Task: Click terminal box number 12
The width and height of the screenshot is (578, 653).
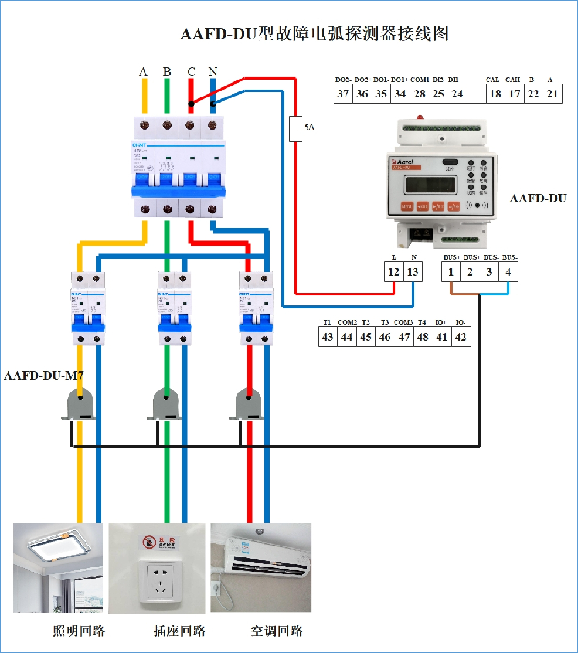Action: click(394, 271)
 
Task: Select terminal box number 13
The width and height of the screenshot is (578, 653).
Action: click(413, 271)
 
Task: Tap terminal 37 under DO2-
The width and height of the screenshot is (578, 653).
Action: click(343, 94)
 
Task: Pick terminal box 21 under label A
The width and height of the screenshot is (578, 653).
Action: click(552, 94)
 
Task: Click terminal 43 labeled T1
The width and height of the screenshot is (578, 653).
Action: click(328, 337)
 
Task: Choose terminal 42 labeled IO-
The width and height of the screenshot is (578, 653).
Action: click(461, 337)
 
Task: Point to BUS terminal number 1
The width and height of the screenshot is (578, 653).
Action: click(451, 271)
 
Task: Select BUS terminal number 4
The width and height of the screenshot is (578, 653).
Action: click(508, 271)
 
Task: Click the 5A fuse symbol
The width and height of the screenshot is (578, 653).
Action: click(296, 129)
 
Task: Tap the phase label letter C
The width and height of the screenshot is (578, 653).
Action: click(191, 72)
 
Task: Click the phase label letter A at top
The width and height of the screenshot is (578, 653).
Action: click(144, 72)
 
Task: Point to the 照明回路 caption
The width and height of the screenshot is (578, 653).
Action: click(79, 631)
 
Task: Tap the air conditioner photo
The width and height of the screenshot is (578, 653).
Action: click(261, 568)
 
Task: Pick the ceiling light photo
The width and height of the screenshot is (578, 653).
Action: click(59, 568)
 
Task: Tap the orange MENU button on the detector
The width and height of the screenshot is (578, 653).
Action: click(407, 206)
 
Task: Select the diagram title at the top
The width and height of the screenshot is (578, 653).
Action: click(314, 33)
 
